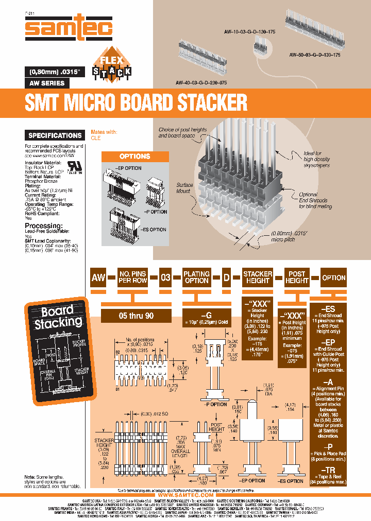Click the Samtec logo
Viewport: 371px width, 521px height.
click(x=69, y=27)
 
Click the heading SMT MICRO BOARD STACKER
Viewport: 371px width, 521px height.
click(x=136, y=102)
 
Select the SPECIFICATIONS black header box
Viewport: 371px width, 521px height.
click(x=55, y=135)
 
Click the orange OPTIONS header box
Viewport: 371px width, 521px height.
click(x=134, y=157)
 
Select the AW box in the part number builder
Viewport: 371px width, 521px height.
click(x=98, y=277)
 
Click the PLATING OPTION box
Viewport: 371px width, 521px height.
click(x=197, y=277)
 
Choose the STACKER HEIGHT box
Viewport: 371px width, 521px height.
click(x=257, y=277)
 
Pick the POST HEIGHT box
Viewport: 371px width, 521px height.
click(x=297, y=277)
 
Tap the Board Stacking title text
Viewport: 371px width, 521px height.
click(x=58, y=317)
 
